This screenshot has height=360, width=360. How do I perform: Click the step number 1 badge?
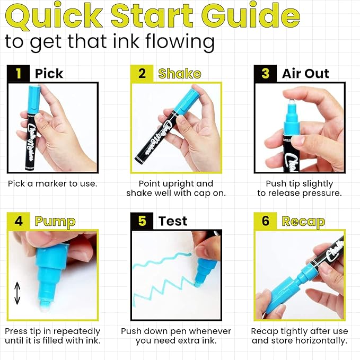coord(19,73)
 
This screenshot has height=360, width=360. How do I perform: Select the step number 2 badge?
coord(142,73)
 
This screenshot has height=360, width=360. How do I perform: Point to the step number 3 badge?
coord(266,73)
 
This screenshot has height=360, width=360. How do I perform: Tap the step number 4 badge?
coord(19,221)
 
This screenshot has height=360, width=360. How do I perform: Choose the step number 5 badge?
coord(142,221)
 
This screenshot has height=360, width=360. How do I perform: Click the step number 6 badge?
coord(266,221)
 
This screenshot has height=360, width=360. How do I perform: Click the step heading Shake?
coord(180,74)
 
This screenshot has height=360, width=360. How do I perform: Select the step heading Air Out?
coord(305,74)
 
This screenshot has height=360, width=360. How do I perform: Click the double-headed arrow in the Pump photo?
coord(17,293)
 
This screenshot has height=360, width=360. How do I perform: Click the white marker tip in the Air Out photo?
coord(289,96)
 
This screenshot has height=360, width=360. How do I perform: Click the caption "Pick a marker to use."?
coord(52,183)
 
